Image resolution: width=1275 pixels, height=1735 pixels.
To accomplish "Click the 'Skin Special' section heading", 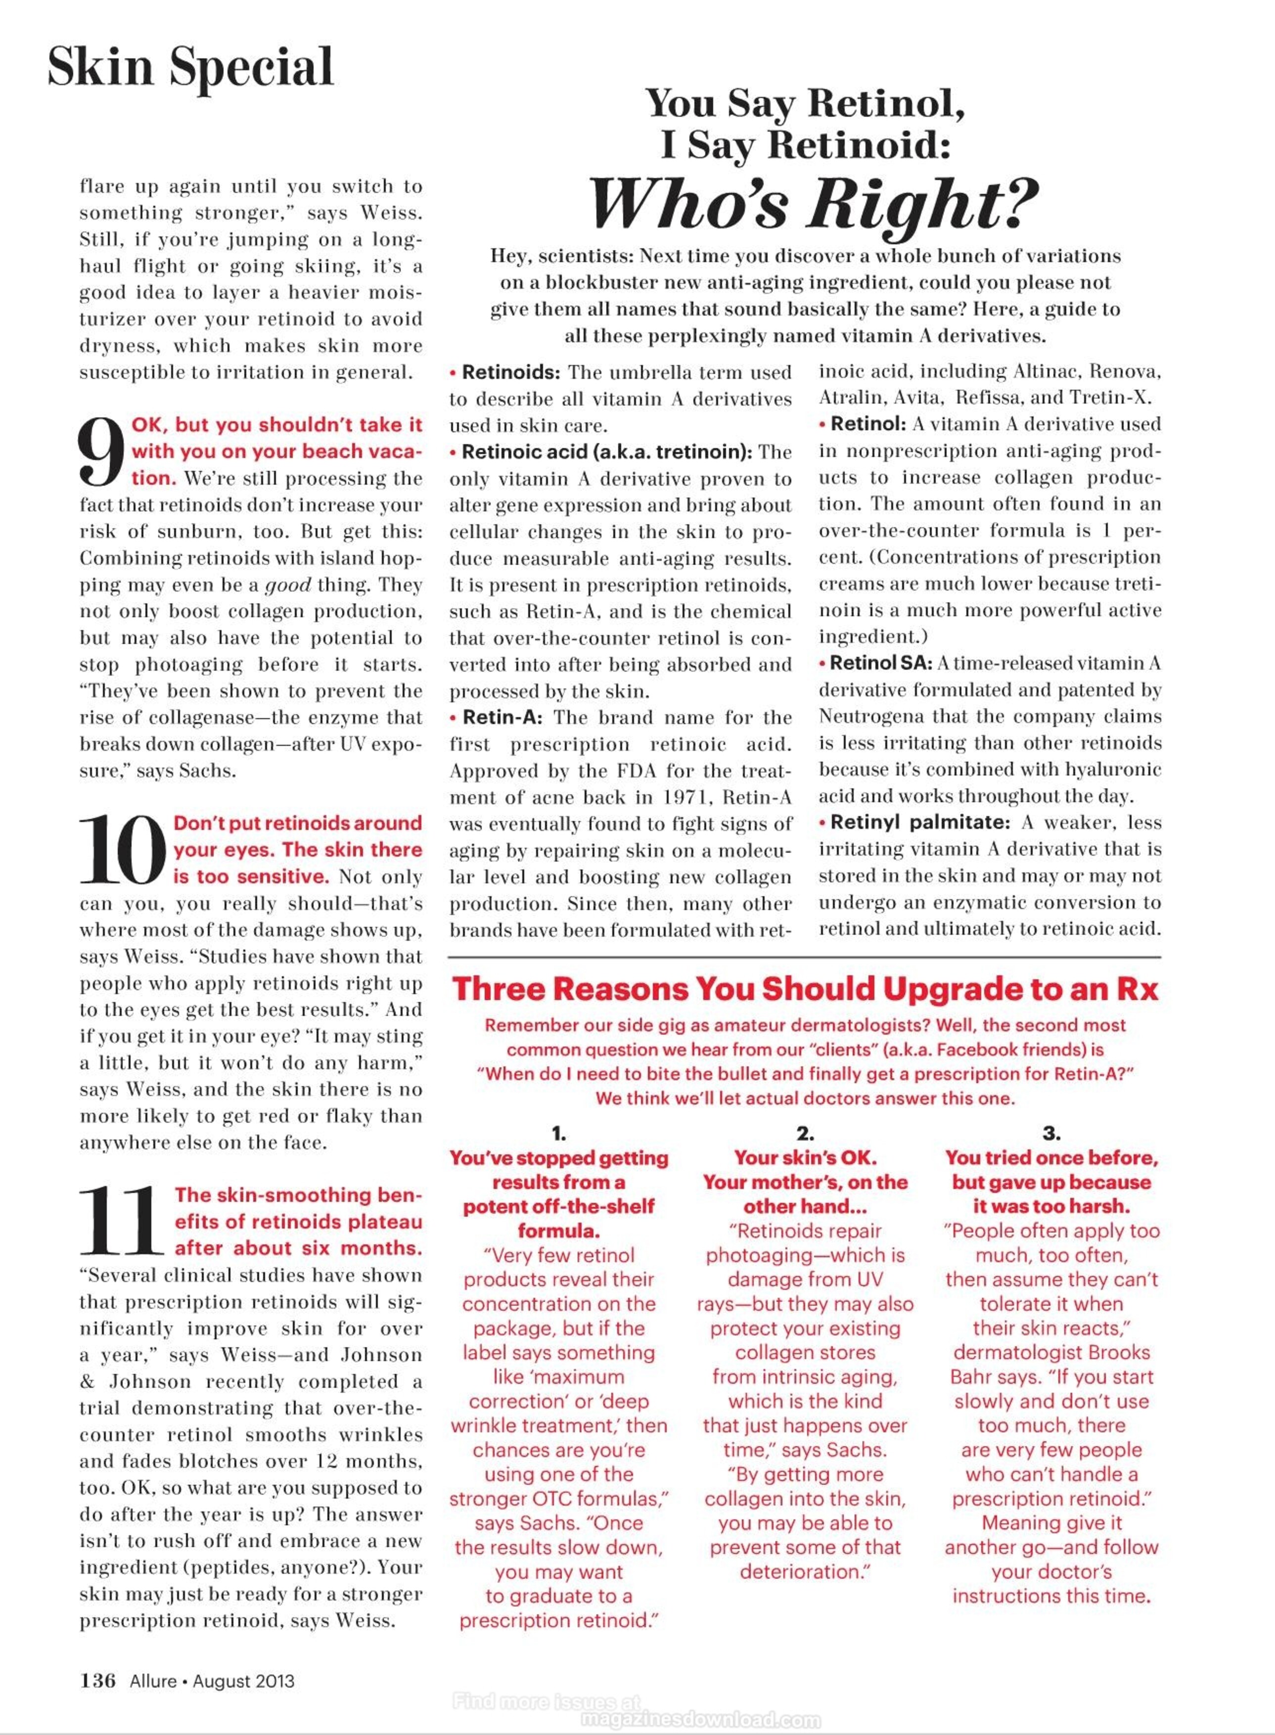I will pos(190,68).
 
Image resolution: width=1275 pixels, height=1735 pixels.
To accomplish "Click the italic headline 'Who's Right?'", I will pos(813,202).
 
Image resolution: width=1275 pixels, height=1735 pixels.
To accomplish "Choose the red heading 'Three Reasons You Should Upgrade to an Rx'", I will pos(805,990).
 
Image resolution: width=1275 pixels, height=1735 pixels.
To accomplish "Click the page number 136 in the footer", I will pos(98,1680).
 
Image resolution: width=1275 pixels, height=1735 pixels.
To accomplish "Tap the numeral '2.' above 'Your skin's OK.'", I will pos(805,1134).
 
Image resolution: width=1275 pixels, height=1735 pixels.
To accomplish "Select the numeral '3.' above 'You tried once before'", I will pos(1051,1134).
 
